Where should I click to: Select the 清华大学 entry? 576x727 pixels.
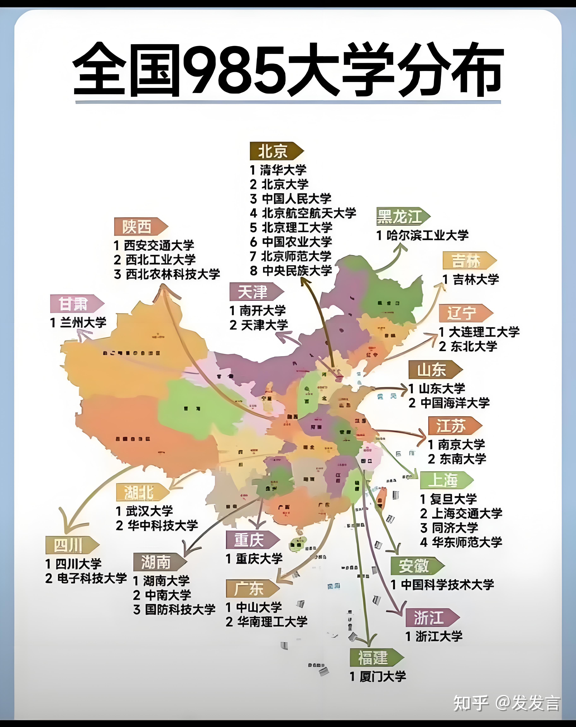pyautogui.click(x=279, y=170)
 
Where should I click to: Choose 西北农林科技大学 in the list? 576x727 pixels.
pyautogui.click(x=167, y=274)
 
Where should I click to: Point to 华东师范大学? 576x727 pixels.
pyautogui.click(x=461, y=542)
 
